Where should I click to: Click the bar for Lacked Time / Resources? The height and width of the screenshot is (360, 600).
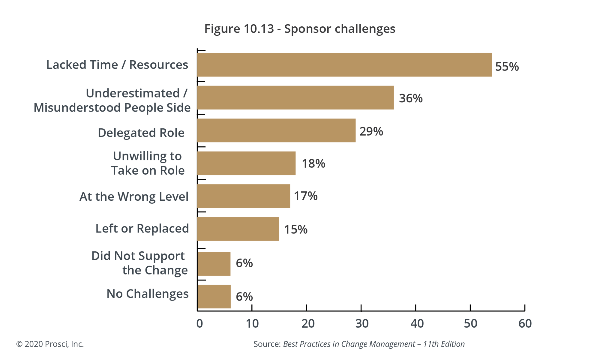(x=344, y=65)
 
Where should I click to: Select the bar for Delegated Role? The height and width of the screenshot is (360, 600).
(x=276, y=130)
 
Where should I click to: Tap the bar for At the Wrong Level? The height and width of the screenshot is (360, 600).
(x=244, y=196)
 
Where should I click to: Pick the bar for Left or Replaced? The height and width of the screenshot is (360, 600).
(x=238, y=229)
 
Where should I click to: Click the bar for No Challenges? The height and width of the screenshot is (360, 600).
(x=214, y=297)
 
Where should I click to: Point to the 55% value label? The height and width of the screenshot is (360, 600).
(x=507, y=67)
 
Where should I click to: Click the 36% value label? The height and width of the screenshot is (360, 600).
(x=411, y=98)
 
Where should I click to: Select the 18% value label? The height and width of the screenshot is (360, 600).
(x=313, y=163)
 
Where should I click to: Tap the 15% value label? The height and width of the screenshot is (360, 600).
(x=295, y=229)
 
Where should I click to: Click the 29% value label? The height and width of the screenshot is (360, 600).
(x=371, y=131)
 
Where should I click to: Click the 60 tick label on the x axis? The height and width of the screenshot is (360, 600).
(x=525, y=323)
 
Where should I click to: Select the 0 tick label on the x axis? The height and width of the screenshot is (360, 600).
(x=199, y=323)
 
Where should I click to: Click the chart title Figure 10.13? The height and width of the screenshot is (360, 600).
(x=300, y=29)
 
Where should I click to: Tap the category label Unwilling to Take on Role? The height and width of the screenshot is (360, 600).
(x=148, y=163)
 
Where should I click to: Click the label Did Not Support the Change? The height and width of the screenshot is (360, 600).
(x=140, y=263)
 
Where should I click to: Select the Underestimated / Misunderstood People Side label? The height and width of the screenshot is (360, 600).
(x=112, y=100)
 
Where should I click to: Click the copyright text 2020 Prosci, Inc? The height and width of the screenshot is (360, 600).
(x=50, y=344)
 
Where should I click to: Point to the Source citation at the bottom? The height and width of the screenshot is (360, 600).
(x=359, y=344)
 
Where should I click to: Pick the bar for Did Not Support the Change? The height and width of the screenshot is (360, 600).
(x=214, y=264)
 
